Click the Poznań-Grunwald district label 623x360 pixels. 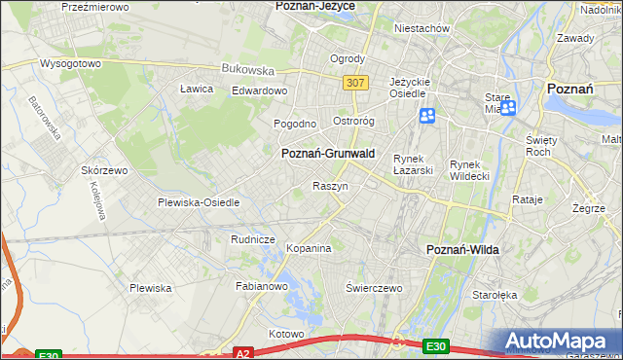(327, 154)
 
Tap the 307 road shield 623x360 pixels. (355, 84)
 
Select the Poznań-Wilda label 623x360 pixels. (463, 250)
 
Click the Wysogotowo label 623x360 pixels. (70, 63)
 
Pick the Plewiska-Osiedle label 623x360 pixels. (199, 202)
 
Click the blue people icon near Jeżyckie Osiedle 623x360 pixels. (427, 117)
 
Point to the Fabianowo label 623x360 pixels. (262, 287)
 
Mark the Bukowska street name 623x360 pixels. (247, 70)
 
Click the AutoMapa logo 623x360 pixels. (561, 342)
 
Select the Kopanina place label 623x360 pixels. (310, 249)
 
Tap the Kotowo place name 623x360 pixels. (286, 334)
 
